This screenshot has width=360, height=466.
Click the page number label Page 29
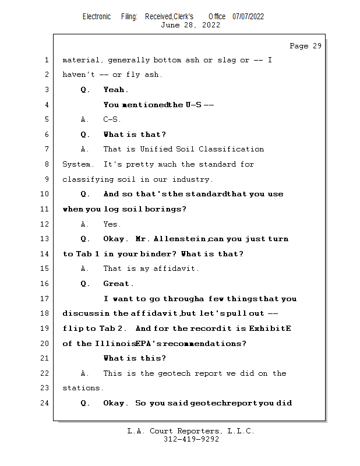(305, 46)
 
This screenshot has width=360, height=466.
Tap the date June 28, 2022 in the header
(190, 24)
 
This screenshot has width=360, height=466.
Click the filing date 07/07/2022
(248, 16)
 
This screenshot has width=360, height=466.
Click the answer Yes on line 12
(111, 224)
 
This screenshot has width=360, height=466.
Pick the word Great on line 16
(118, 284)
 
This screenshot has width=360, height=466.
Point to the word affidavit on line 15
(175, 269)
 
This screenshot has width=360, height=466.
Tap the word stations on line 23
(82, 389)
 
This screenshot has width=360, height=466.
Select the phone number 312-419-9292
(190, 439)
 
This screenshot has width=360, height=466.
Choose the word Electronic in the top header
(97, 16)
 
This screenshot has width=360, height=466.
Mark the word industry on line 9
(193, 179)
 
